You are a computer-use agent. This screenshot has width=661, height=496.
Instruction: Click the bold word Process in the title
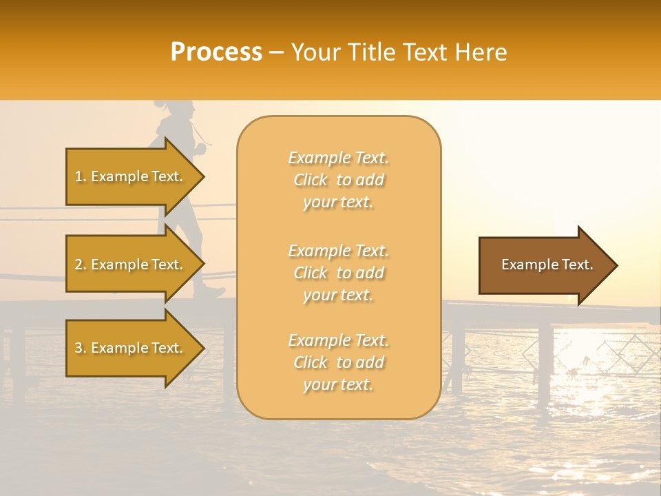pyautogui.click(x=216, y=52)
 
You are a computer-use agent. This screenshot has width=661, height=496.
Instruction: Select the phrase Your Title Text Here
pyautogui.click(x=399, y=52)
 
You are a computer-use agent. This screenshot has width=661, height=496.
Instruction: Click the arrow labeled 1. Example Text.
pyautogui.click(x=131, y=176)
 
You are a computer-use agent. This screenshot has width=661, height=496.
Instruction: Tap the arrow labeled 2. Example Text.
pyautogui.click(x=131, y=265)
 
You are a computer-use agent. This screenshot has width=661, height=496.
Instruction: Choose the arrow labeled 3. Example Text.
pyautogui.click(x=131, y=348)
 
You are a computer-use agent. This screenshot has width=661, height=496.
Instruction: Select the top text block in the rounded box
pyautogui.click(x=338, y=180)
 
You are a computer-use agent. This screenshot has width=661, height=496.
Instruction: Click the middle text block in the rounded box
pyautogui.click(x=338, y=273)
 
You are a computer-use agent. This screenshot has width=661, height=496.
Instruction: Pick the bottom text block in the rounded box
pyautogui.click(x=338, y=362)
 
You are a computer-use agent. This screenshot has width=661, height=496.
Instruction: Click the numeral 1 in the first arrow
pyautogui.click(x=78, y=176)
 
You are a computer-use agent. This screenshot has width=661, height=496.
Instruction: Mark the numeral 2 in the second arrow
pyautogui.click(x=78, y=265)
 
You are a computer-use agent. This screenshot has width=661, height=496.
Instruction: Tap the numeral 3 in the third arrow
pyautogui.click(x=78, y=348)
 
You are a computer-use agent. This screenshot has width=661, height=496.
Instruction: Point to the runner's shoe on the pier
pyautogui.click(x=210, y=293)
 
